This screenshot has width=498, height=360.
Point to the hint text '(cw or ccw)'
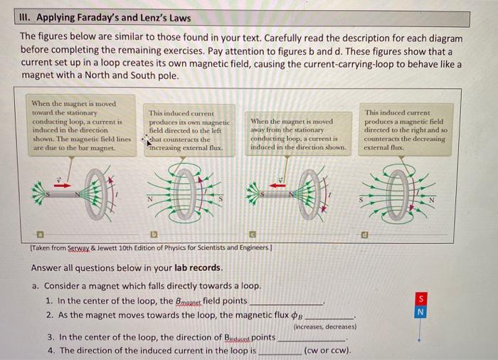[327, 351]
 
